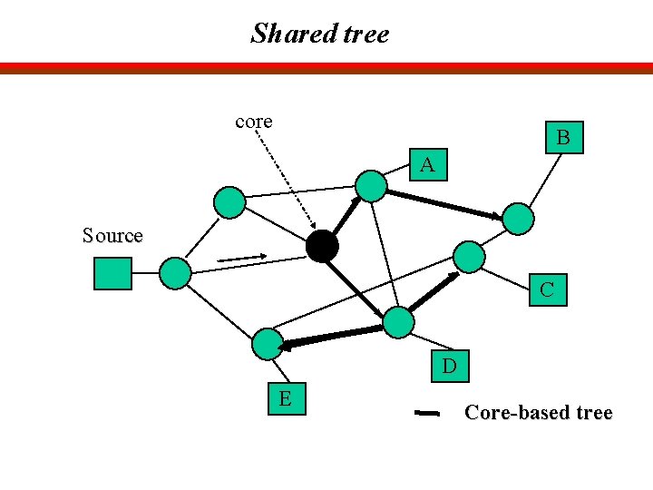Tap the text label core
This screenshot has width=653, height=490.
tap(254, 121)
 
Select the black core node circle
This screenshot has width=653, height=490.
tap(322, 245)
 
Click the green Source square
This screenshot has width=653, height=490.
tap(112, 273)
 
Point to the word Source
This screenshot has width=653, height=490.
tap(112, 236)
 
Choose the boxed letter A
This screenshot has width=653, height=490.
tap(427, 165)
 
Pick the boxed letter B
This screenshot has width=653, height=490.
tap(563, 138)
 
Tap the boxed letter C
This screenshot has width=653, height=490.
tap(548, 290)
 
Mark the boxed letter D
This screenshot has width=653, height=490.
tap(449, 367)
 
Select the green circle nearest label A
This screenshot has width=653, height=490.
tap(370, 185)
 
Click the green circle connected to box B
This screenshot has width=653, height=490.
tap(518, 219)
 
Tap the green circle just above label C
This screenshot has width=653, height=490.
tap(469, 257)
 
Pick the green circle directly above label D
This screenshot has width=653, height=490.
tap(397, 322)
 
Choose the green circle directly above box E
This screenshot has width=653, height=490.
tap(267, 343)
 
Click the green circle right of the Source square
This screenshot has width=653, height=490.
tap(175, 272)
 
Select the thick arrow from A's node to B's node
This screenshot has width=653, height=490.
tap(443, 202)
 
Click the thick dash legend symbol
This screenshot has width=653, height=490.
tap(426, 414)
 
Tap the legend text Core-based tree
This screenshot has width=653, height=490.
tap(538, 413)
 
